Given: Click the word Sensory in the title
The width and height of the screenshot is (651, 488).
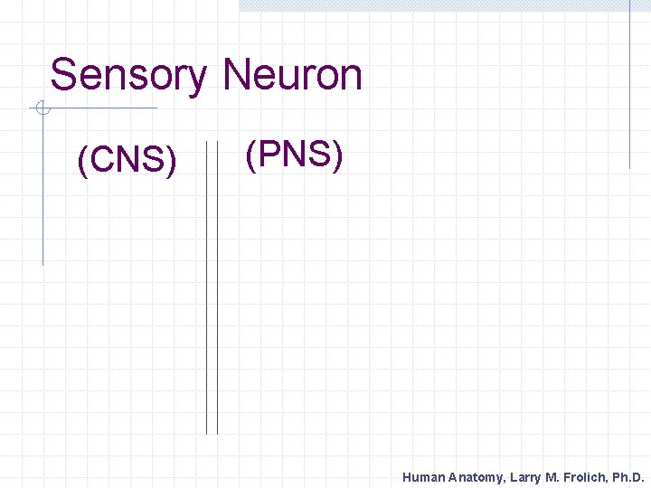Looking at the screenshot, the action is tap(127, 75).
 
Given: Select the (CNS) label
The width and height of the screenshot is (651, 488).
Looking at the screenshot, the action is tap(127, 160).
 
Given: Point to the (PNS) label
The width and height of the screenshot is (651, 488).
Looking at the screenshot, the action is tap(294, 155).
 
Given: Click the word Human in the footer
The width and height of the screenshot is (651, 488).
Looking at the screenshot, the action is tap(423, 477).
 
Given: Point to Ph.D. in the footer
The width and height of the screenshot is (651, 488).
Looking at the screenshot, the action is tap(627, 477).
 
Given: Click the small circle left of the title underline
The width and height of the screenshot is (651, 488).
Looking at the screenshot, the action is tap(42, 109).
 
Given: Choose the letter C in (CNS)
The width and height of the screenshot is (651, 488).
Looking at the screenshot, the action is tap(101, 160).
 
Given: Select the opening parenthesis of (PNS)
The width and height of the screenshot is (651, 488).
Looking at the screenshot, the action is tap(250, 155).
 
